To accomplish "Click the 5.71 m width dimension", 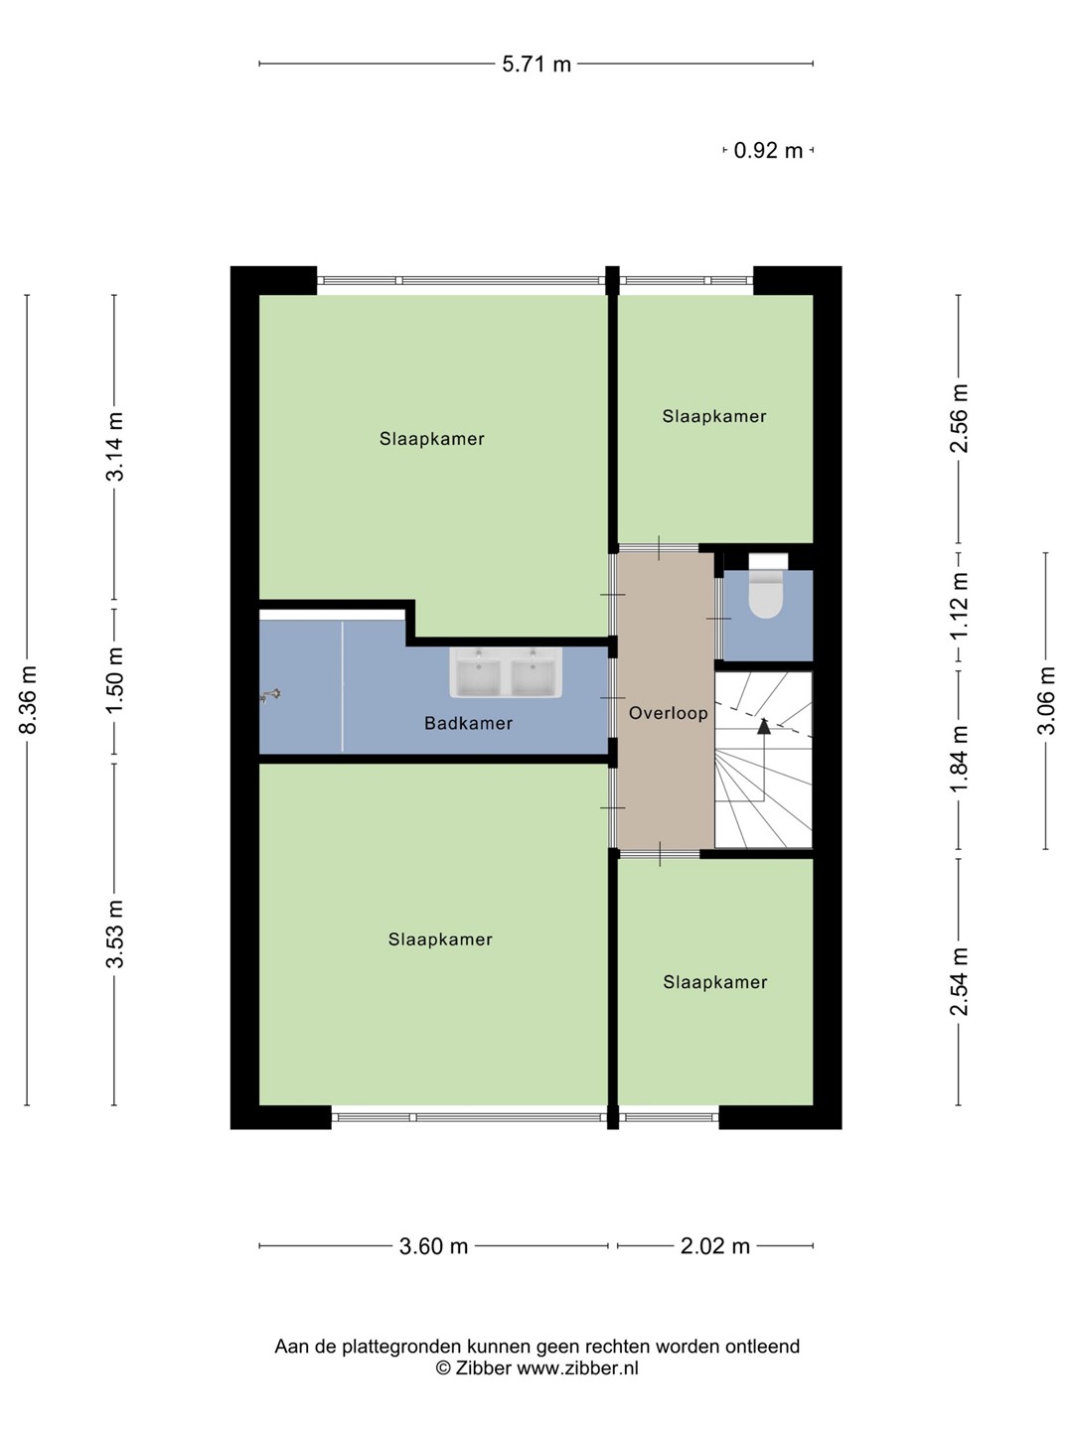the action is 536,65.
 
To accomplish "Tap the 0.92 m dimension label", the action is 768,151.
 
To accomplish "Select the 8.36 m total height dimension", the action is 28,700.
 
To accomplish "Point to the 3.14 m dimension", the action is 114,447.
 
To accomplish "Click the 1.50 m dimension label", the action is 114,680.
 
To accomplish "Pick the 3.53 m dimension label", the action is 114,934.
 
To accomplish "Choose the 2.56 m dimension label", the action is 959,418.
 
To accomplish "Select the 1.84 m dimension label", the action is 959,760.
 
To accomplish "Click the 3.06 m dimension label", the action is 1046,700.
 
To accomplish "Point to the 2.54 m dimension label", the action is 959,981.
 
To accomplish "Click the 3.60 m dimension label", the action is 433,1246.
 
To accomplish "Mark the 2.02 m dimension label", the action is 715,1246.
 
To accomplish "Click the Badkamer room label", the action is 468,723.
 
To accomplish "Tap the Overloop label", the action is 669,713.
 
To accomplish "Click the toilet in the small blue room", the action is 766,585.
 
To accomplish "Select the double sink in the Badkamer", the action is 506,671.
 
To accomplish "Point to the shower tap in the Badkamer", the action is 269,696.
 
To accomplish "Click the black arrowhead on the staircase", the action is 764,726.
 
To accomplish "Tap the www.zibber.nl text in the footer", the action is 577,1368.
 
